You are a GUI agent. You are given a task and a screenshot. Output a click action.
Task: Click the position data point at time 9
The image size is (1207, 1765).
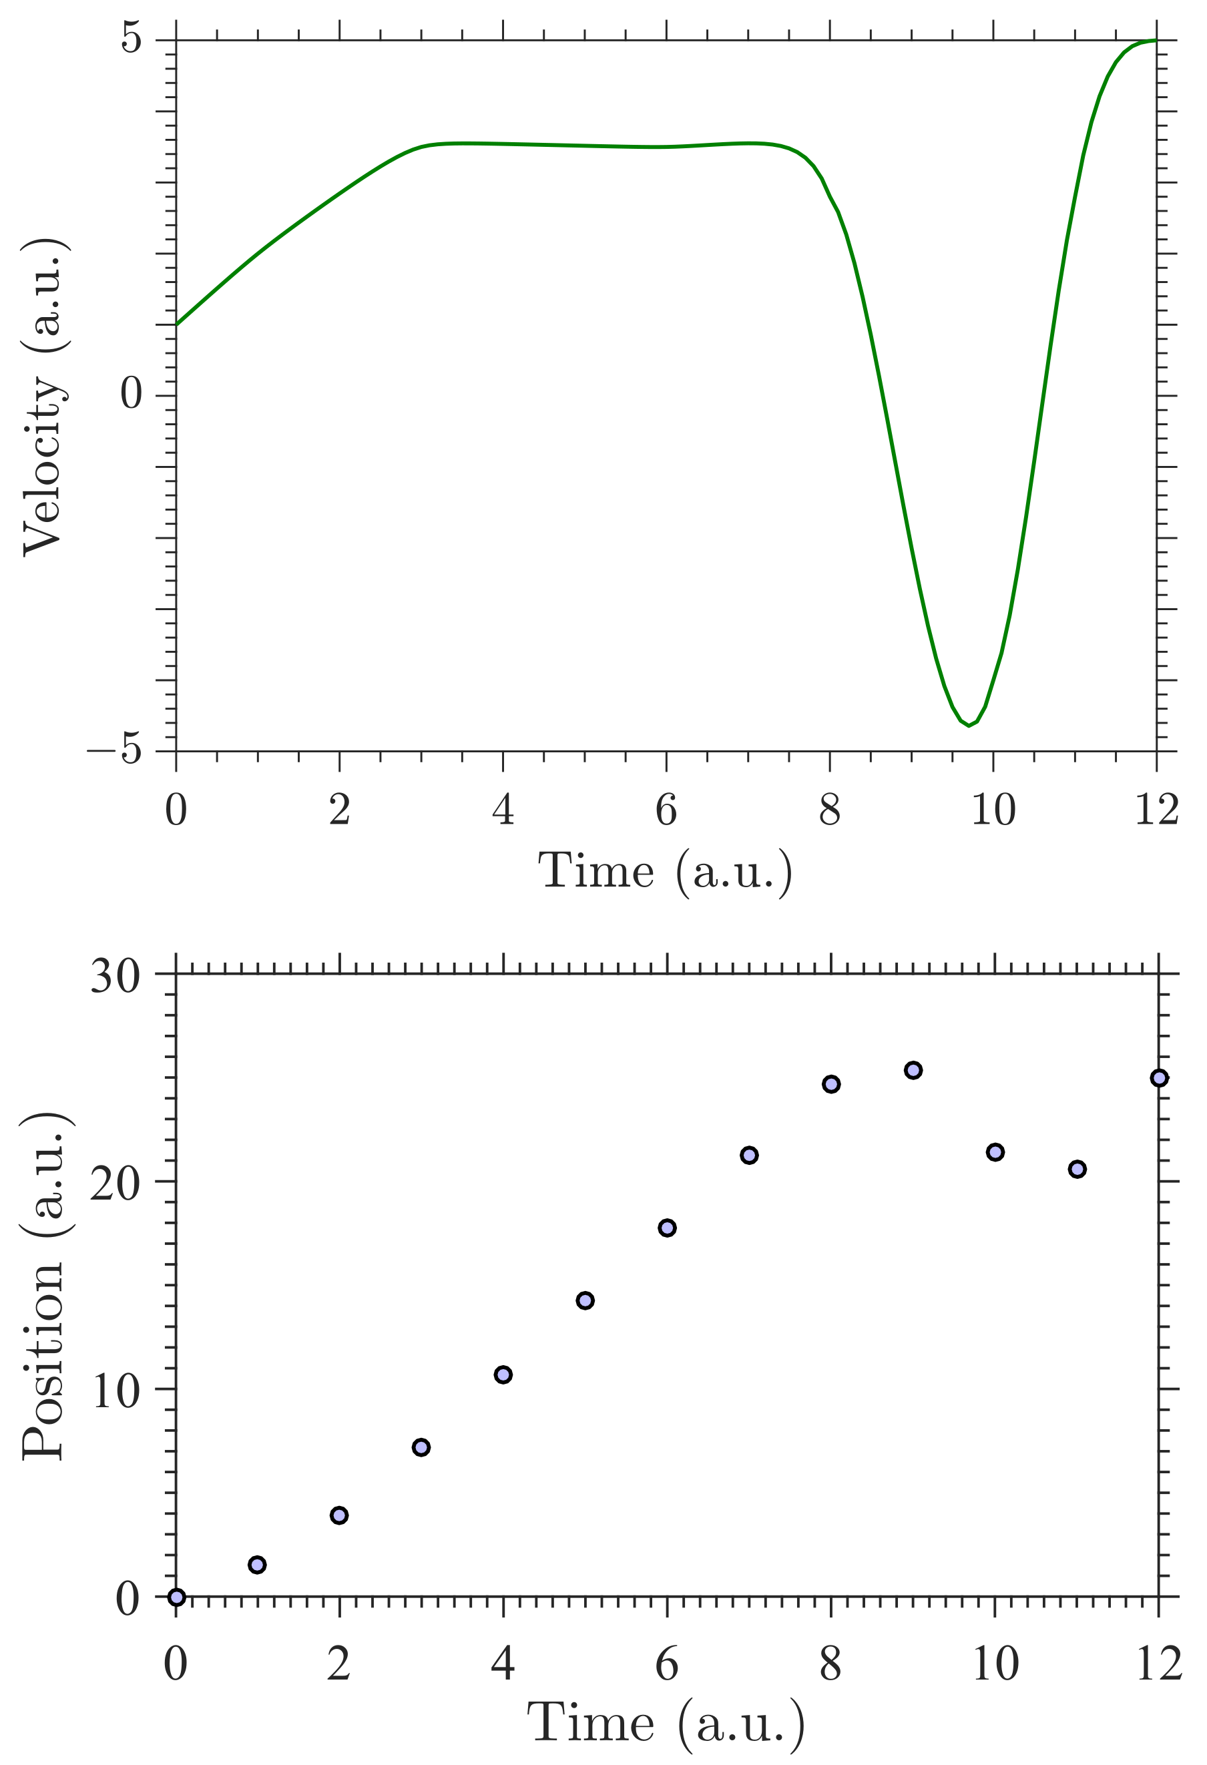click(913, 1070)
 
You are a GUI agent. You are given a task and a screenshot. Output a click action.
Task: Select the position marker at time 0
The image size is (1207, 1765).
click(176, 1597)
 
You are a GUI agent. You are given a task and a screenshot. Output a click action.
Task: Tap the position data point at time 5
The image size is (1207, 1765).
click(585, 1300)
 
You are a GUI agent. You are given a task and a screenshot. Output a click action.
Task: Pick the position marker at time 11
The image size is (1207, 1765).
click(1077, 1169)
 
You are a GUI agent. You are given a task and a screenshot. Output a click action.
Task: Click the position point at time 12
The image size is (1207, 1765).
click(1158, 1077)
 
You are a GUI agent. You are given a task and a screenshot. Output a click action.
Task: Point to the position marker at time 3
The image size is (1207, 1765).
click(421, 1447)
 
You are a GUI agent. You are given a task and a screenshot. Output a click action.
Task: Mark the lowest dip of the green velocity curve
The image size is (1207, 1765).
click(969, 725)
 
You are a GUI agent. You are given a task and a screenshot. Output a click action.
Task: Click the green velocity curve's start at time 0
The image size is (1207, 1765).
click(177, 324)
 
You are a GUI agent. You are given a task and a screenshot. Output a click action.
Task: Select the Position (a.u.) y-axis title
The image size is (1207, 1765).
click(44, 1285)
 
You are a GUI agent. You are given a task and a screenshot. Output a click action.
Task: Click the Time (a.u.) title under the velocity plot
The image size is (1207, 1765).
click(666, 871)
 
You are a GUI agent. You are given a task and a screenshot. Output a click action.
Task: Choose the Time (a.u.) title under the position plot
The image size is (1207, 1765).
click(666, 1722)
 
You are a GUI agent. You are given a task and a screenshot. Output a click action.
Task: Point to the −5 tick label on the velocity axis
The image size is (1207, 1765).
click(115, 750)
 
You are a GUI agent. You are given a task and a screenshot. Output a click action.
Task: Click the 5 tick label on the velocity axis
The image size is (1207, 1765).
click(132, 38)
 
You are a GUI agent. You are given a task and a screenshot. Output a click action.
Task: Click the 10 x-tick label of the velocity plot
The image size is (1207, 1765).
click(993, 810)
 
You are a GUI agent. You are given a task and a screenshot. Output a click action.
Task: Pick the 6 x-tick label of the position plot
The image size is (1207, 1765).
click(666, 1665)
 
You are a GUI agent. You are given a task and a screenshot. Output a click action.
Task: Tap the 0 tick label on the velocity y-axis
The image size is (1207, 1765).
click(132, 393)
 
